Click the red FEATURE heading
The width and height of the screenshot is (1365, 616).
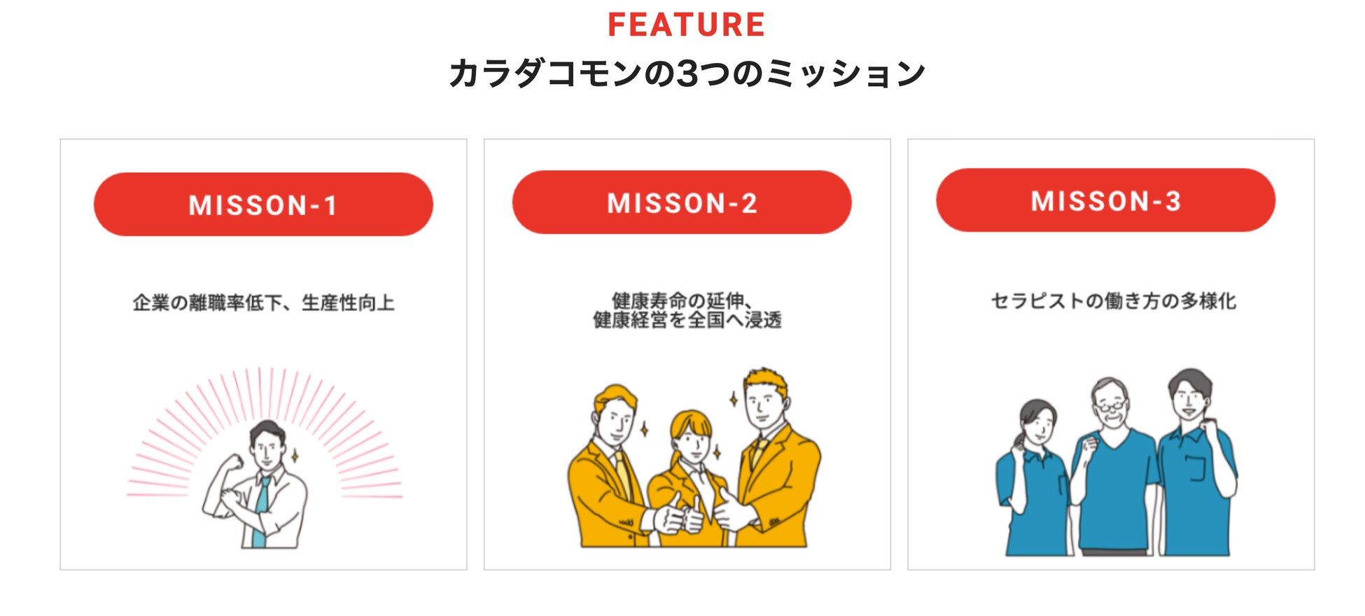coord(686,25)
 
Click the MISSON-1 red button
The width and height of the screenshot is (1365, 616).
coord(263,204)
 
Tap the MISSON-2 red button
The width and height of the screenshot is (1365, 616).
coord(682,202)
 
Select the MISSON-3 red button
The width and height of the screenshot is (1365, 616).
coord(1105,200)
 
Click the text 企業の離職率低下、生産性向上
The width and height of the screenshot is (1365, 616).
coord(263,302)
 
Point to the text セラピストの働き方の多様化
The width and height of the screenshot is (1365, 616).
coord(1113,301)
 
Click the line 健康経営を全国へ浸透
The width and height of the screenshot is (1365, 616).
coord(687,321)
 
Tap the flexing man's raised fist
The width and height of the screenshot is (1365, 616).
coord(233,462)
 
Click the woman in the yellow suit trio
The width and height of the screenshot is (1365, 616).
coord(692,476)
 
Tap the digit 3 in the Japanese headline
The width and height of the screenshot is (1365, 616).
coord(689,73)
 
